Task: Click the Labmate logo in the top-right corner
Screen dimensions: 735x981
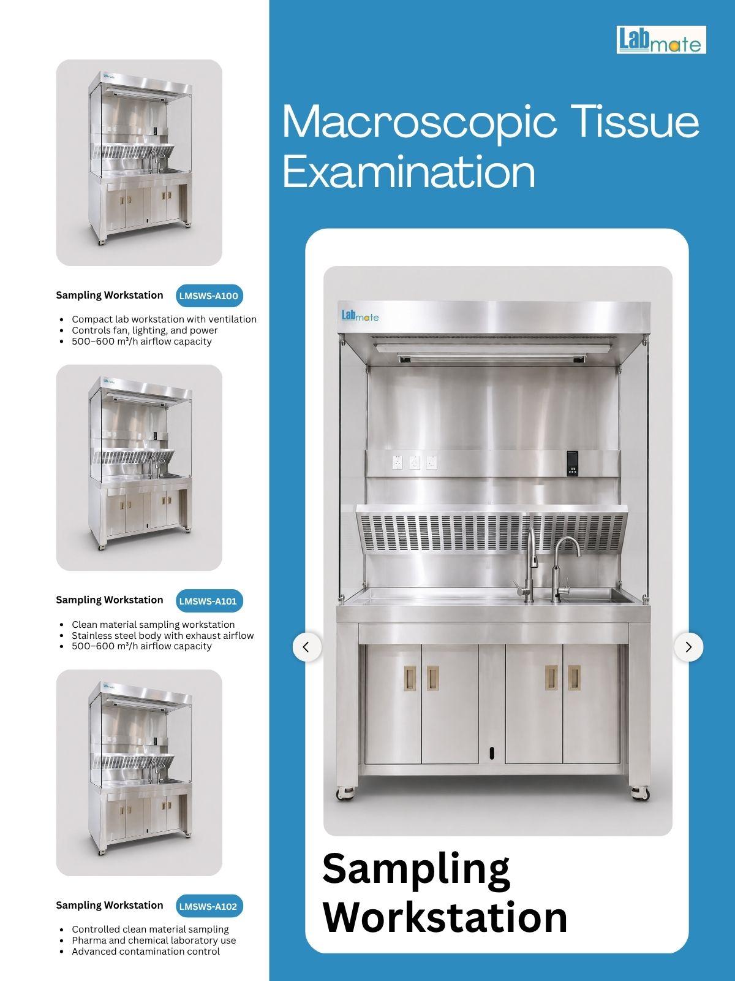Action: (661, 40)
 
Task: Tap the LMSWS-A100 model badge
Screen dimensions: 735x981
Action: (209, 296)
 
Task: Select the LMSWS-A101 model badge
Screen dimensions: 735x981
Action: (209, 601)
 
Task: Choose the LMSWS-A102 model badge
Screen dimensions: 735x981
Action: (209, 906)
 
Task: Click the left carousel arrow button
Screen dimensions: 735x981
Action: (307, 647)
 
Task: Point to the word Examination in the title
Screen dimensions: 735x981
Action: (409, 172)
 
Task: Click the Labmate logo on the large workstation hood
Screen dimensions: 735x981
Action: (360, 316)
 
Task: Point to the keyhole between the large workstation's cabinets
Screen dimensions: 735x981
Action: (492, 753)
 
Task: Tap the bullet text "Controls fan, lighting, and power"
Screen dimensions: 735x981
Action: (145, 330)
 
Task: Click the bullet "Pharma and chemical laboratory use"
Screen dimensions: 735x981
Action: (154, 941)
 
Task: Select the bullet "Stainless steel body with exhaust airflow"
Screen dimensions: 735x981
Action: (162, 636)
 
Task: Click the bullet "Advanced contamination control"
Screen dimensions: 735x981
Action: (146, 952)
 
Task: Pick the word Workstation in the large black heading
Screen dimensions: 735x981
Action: (445, 917)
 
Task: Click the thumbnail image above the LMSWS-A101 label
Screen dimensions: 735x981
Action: (139, 467)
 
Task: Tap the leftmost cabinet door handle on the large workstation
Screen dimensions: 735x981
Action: (410, 678)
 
